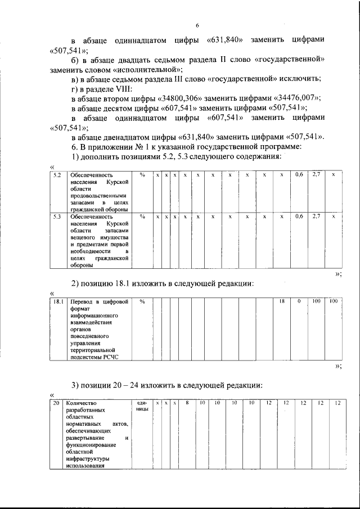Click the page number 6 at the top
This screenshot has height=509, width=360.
[197, 25]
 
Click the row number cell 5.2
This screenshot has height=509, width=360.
[55, 175]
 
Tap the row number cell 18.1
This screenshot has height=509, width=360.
[56, 302]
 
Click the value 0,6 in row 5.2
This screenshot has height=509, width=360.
[299, 175]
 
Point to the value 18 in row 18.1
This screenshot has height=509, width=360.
[282, 302]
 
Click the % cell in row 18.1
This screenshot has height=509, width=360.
[142, 302]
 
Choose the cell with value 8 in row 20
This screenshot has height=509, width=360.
[186, 403]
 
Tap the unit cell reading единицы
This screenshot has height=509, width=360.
[142, 407]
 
